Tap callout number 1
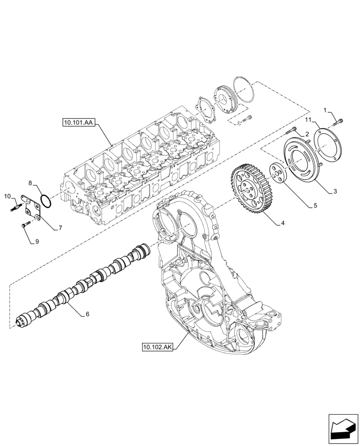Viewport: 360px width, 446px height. coord(326,110)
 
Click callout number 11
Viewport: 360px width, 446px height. coord(308,120)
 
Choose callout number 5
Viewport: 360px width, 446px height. coord(315,206)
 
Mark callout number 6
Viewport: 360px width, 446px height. coord(87,314)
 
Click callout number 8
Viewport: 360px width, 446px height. coord(30,183)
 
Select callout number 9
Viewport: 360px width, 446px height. coord(37,242)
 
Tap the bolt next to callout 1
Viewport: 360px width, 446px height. coord(339,120)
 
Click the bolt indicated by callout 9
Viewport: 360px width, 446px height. coord(25,226)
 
